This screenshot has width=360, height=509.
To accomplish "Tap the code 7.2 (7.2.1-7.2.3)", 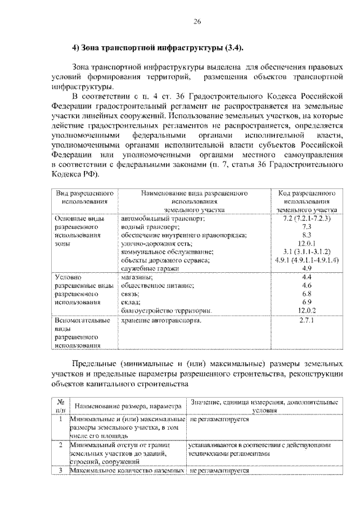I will pyautogui.click(x=307, y=218).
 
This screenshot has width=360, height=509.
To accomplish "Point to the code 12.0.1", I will pyautogui.click(x=307, y=244).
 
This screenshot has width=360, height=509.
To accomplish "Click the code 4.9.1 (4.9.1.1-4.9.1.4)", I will pyautogui.click(x=307, y=260).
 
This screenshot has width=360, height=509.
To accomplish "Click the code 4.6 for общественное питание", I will pyautogui.click(x=307, y=286).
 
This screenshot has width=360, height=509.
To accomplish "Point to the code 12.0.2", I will pyautogui.click(x=307, y=310).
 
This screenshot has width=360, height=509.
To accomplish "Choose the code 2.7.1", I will pyautogui.click(x=307, y=319).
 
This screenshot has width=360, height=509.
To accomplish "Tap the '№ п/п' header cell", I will pyautogui.click(x=60, y=406).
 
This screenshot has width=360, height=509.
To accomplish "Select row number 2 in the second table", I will pyautogui.click(x=60, y=444).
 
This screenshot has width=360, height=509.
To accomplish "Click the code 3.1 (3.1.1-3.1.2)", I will pyautogui.click(x=307, y=252).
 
